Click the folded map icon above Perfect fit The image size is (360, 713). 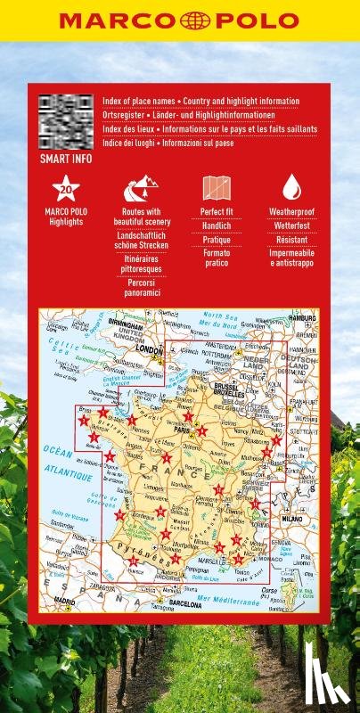point(217,188)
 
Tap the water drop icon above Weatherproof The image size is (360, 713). point(291,188)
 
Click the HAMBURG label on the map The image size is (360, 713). point(303,318)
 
